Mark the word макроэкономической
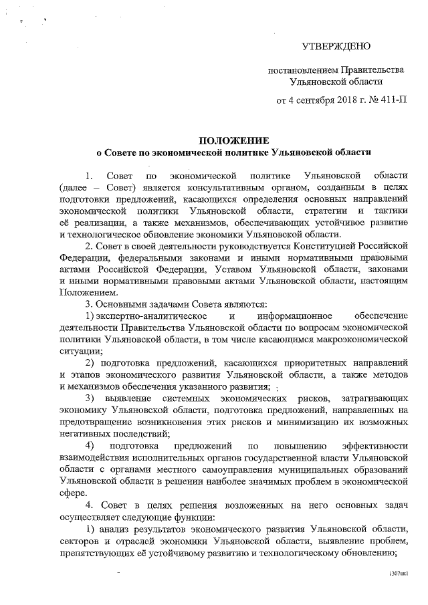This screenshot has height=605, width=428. tap(362, 339)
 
